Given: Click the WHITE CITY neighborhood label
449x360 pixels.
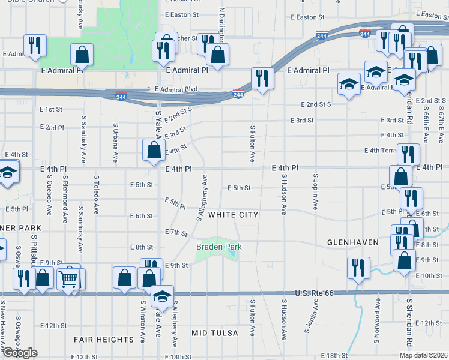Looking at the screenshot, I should coord(234,215).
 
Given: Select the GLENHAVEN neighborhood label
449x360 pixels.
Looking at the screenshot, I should coord(352,242).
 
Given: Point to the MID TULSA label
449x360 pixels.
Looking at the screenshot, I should coord(215,332).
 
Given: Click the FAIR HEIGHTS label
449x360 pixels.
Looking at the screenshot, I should coord(103,340).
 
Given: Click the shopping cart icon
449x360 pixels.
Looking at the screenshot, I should coord(69,277).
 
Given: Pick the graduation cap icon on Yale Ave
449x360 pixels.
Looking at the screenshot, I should coord(161,296).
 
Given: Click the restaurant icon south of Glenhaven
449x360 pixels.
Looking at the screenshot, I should coord(358,268).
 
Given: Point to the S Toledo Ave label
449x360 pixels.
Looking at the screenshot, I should coord(96,194).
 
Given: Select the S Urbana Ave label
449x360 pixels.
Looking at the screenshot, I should coord(116,143).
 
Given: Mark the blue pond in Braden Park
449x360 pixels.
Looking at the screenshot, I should coord(231,254).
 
